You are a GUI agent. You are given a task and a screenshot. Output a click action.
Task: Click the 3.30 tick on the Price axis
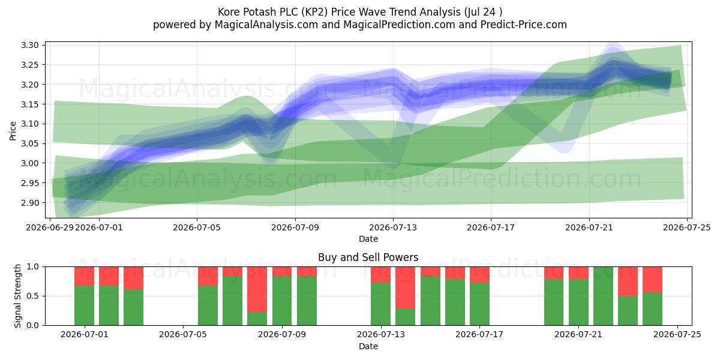30,45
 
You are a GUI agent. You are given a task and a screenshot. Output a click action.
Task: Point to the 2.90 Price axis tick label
30,203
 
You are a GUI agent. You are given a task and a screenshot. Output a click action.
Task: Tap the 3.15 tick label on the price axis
30,104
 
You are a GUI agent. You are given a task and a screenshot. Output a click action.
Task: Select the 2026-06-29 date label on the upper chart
50,227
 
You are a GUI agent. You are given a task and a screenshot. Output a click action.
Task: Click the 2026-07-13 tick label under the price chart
393,227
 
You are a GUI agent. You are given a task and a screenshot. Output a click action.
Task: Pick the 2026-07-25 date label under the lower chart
677,334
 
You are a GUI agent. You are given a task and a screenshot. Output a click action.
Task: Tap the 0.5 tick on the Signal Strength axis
32,296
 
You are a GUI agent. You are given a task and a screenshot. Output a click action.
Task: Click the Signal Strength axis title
17,296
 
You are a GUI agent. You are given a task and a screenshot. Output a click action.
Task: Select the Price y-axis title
13,131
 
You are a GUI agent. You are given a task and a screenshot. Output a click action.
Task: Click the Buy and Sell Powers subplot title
368,257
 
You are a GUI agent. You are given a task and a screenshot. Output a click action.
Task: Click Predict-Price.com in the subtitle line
524,25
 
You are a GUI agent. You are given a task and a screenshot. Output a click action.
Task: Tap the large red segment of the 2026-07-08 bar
257,289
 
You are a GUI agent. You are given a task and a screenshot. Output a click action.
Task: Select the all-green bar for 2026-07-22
604,296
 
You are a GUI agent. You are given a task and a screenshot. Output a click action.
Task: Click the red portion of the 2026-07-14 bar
406,287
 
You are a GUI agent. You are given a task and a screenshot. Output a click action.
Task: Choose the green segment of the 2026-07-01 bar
84,305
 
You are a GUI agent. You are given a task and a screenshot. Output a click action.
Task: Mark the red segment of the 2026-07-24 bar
653,280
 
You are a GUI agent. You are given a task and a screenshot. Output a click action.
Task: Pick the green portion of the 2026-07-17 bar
479,304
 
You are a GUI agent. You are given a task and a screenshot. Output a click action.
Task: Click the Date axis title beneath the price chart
368,239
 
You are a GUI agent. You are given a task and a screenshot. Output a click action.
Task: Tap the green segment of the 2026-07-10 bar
307,301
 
